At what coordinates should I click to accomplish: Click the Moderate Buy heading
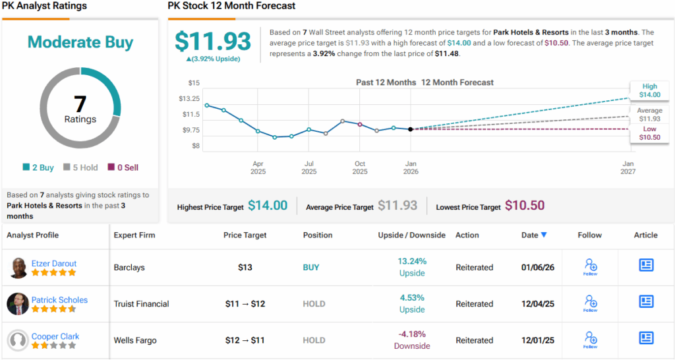(80, 43)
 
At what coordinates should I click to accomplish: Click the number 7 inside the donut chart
(80, 104)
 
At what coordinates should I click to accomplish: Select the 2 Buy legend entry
(38, 167)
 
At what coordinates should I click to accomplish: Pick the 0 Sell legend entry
(123, 167)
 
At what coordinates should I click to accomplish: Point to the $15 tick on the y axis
(194, 82)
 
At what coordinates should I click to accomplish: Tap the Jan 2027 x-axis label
(628, 167)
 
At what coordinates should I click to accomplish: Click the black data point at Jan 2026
(411, 129)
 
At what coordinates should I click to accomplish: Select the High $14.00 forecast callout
(649, 90)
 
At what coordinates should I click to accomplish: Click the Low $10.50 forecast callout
(649, 133)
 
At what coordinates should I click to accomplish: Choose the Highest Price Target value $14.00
(268, 206)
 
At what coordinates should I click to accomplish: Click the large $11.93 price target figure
(213, 42)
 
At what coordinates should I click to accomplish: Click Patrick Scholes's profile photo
(18, 304)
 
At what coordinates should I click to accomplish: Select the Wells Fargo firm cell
(135, 340)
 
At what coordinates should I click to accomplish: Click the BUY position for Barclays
(311, 268)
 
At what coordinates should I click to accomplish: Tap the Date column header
(534, 235)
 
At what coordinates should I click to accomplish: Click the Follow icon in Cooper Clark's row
(590, 340)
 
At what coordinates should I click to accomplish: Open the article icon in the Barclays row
(646, 265)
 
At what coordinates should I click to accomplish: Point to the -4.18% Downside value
(412, 340)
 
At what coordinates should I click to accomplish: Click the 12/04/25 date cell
(534, 304)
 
